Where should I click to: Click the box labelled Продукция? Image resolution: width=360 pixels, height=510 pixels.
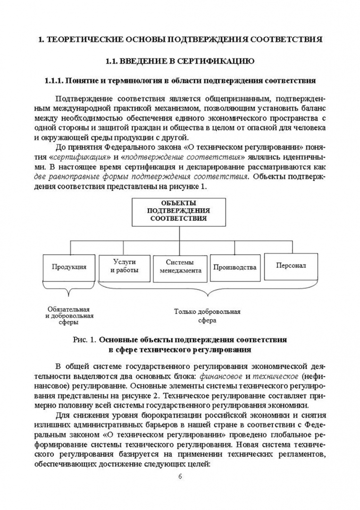click(69, 267)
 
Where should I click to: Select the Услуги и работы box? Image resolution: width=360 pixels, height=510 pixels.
click(124, 266)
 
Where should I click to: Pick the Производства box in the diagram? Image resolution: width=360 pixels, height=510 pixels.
click(234, 267)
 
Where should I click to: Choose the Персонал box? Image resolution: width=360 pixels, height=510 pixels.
click(291, 265)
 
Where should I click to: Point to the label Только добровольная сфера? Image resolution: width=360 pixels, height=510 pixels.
click(207, 316)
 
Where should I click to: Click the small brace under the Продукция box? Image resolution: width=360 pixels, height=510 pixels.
click(70, 290)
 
